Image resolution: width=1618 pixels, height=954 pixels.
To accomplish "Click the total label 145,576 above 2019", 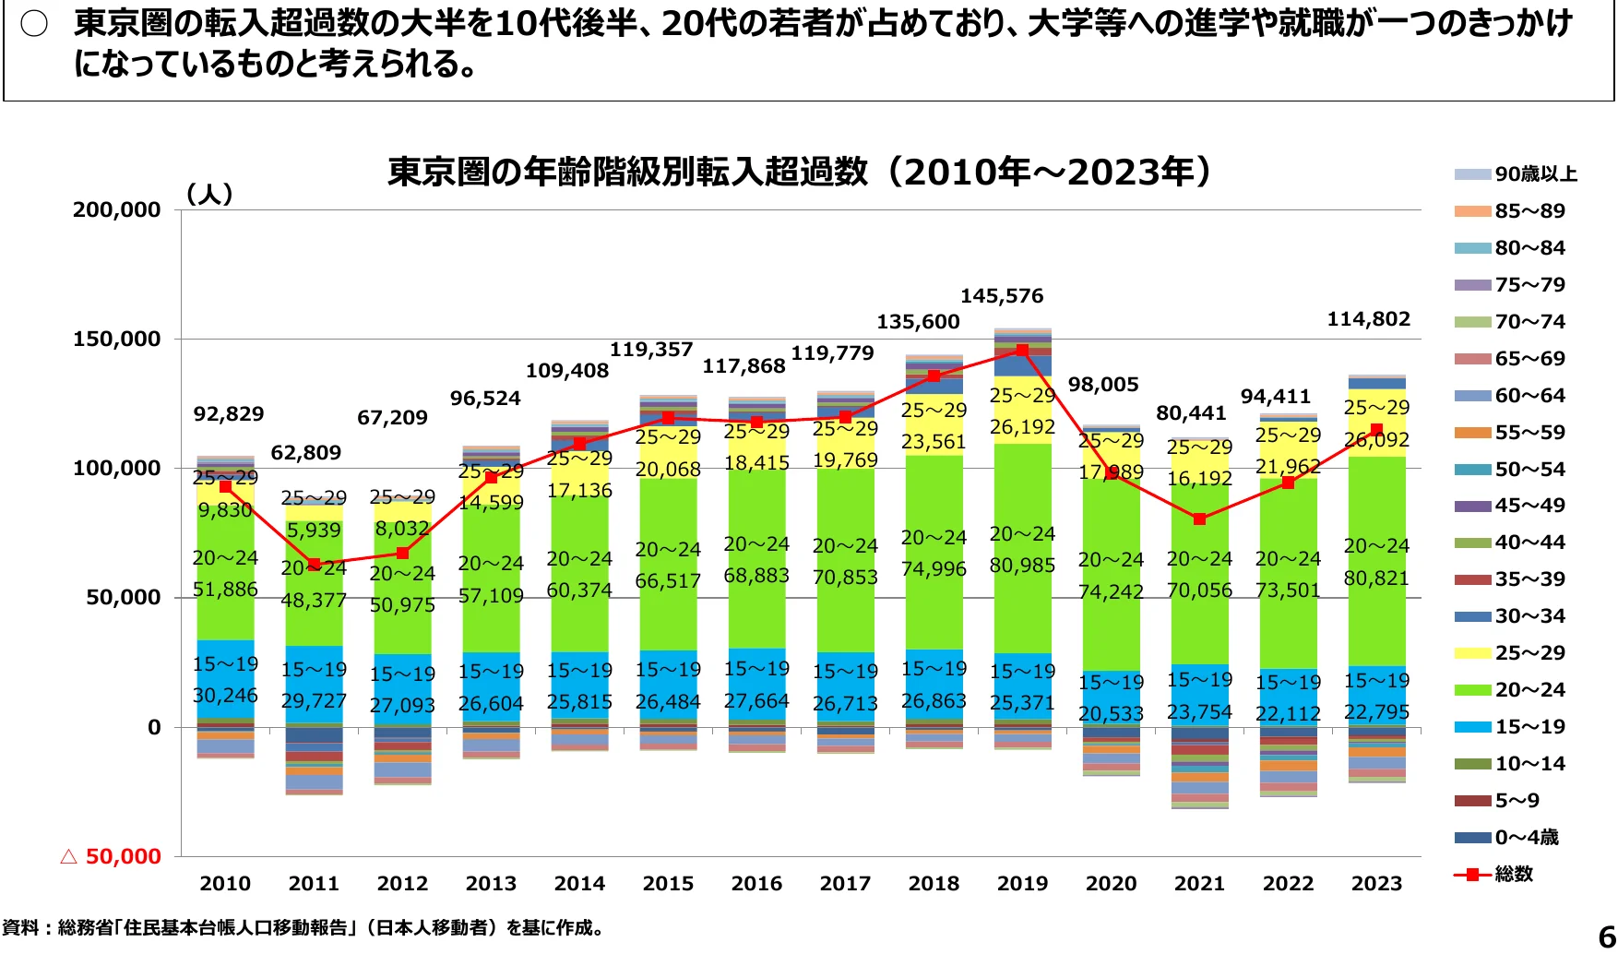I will tap(1002, 296).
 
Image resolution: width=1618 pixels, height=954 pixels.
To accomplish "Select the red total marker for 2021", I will tap(1199, 519).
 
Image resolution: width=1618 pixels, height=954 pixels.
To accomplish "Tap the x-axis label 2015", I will tap(668, 884).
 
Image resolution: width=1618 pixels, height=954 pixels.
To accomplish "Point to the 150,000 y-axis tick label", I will tap(116, 340).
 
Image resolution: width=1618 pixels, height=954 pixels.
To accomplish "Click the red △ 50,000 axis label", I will tap(110, 857).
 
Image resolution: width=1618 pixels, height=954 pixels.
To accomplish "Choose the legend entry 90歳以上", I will tap(1535, 174).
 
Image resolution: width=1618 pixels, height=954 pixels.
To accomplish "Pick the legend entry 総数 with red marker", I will tap(1513, 874).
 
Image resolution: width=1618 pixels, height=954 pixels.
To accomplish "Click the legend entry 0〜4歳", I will tap(1526, 838).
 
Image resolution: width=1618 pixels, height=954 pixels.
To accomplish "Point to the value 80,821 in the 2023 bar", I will tap(1376, 578).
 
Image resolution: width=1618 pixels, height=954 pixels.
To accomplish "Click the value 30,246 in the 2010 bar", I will tap(225, 696).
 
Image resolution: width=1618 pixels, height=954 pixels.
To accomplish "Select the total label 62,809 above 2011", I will tap(305, 453).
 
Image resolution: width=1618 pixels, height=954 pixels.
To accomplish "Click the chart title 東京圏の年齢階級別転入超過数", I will tap(627, 173).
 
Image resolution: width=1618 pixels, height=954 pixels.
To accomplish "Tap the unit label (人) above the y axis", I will tap(209, 195).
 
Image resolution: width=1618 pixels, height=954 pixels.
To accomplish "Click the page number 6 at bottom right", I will tap(1606, 936).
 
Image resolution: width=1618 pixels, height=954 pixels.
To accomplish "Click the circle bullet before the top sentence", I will tap(34, 25).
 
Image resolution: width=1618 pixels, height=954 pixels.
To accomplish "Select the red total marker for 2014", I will tap(579, 444).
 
